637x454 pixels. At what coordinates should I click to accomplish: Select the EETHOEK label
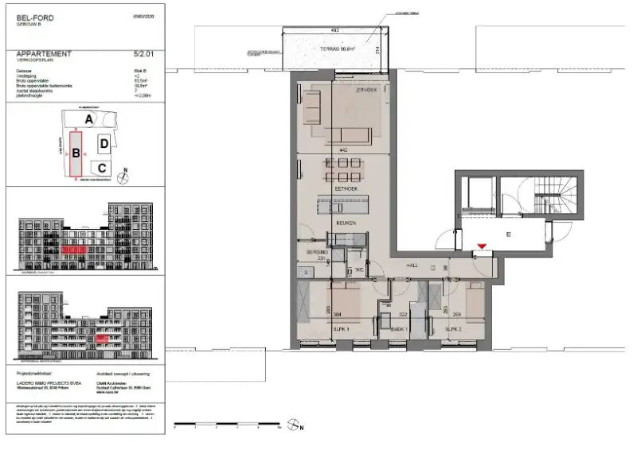(345, 190)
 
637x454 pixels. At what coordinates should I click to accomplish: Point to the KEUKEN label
(345, 223)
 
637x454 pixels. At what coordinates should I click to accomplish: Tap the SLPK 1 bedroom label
(342, 328)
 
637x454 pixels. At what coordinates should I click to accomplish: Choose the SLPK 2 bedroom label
(453, 328)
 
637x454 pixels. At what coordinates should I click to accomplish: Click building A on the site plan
(90, 118)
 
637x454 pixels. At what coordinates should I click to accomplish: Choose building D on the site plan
(104, 144)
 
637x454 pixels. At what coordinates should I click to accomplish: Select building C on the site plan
(102, 168)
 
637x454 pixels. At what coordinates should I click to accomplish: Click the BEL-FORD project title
(31, 17)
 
